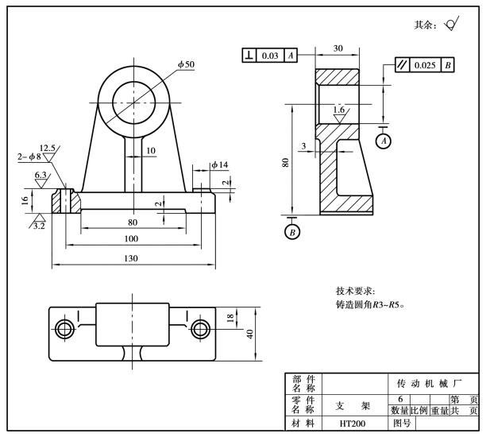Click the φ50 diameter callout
pyautogui.click(x=187, y=64)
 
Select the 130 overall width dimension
pyautogui.click(x=131, y=258)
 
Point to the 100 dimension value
pyautogui.click(x=131, y=238)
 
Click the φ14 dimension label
pyautogui.click(x=219, y=164)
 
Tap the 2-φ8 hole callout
pyautogui.click(x=29, y=157)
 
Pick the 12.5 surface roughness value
pyautogui.click(x=48, y=148)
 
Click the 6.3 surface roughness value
pyautogui.click(x=41, y=174)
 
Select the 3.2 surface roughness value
pyautogui.click(x=38, y=226)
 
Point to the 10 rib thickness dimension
pyautogui.click(x=150, y=150)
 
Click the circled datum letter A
pyautogui.click(x=384, y=141)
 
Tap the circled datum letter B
pyautogui.click(x=291, y=231)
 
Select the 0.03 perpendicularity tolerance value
pyautogui.click(x=271, y=55)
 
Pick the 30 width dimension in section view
pyautogui.click(x=338, y=48)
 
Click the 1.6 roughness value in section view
pyautogui.click(x=339, y=109)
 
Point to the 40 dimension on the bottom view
pyautogui.click(x=250, y=332)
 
